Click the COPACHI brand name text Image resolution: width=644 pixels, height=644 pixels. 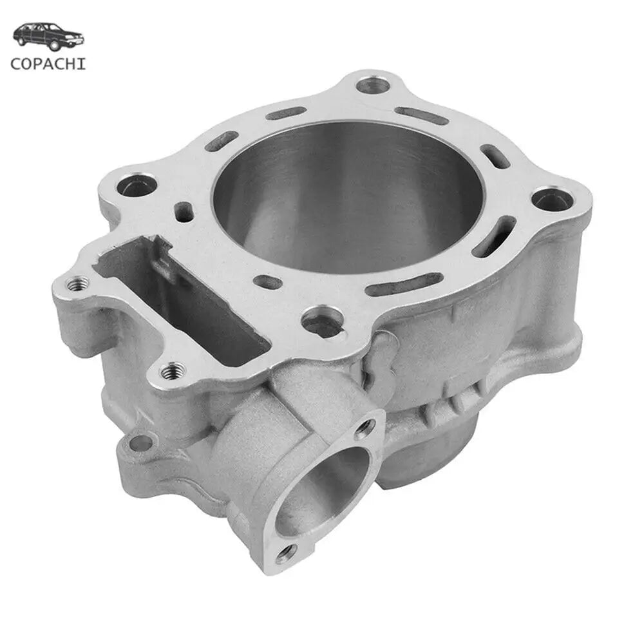48,64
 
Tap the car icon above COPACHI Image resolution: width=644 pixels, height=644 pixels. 48,36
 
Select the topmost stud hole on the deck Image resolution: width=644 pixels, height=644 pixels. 372,86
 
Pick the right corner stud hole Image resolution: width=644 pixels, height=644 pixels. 552,200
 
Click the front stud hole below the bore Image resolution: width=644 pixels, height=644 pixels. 322,320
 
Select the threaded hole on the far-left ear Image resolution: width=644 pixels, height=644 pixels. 78,283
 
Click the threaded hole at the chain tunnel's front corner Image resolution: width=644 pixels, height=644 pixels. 173,372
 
